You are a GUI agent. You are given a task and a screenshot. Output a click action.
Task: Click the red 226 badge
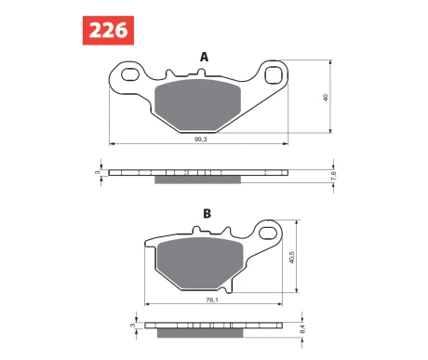(x=108, y=31)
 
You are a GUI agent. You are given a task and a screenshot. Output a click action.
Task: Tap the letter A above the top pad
(x=204, y=57)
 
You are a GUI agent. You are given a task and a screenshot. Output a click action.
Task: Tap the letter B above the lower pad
(x=207, y=214)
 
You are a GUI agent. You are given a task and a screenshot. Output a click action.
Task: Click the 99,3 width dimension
(x=201, y=140)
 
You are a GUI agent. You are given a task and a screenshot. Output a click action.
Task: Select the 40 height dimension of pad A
(x=326, y=98)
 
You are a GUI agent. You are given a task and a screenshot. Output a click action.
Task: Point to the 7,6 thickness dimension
(x=334, y=176)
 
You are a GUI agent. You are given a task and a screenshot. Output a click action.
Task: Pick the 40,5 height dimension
(x=291, y=258)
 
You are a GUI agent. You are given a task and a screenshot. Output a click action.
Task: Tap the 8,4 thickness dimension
(x=302, y=328)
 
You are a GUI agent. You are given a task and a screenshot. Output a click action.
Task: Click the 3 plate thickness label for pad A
(x=98, y=172)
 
